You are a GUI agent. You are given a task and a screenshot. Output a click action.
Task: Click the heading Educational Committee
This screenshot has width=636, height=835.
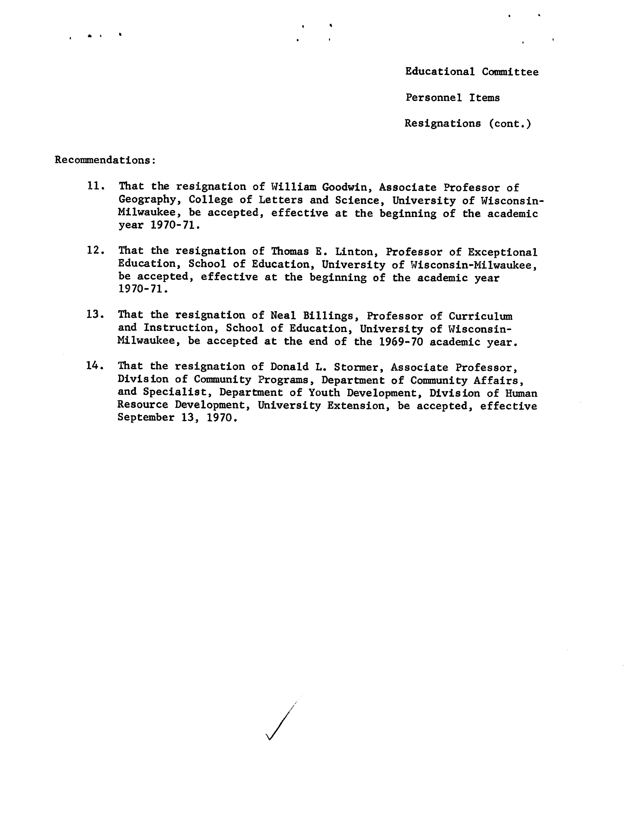(472, 72)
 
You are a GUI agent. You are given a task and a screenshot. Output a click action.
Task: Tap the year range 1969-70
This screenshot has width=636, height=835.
(401, 342)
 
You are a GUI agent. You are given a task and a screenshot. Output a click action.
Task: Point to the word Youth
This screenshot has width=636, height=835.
(324, 393)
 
